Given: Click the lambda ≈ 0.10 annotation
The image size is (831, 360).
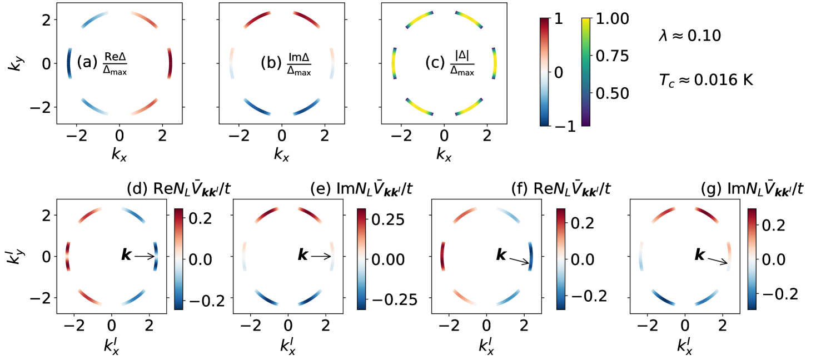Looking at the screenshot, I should coord(689,37).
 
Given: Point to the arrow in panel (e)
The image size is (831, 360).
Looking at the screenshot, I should coord(321,256).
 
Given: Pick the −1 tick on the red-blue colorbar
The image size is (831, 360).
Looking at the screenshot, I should coord(565,126).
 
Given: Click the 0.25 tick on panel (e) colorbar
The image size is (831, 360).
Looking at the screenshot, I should coord(390,219).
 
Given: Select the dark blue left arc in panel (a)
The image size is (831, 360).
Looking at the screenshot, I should coord(69,63).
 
